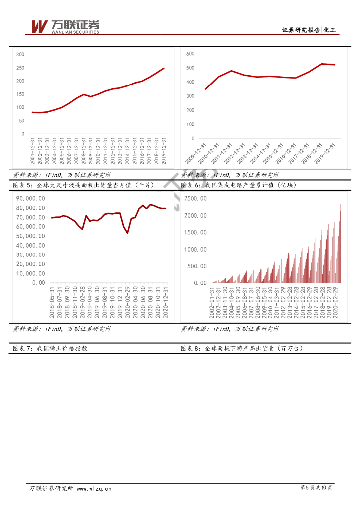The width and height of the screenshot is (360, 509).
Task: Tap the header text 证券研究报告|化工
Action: pos(309,30)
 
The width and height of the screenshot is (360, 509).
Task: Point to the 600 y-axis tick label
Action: pos(189,53)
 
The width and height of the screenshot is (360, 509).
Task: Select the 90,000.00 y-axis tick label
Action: pos(31,198)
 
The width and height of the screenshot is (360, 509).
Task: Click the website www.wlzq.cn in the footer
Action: pos(94,489)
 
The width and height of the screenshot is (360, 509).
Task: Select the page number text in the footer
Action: pos(316,488)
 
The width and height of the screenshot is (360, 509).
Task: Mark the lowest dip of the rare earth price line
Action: pos(127,233)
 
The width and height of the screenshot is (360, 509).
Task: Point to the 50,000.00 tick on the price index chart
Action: pos(31,236)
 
